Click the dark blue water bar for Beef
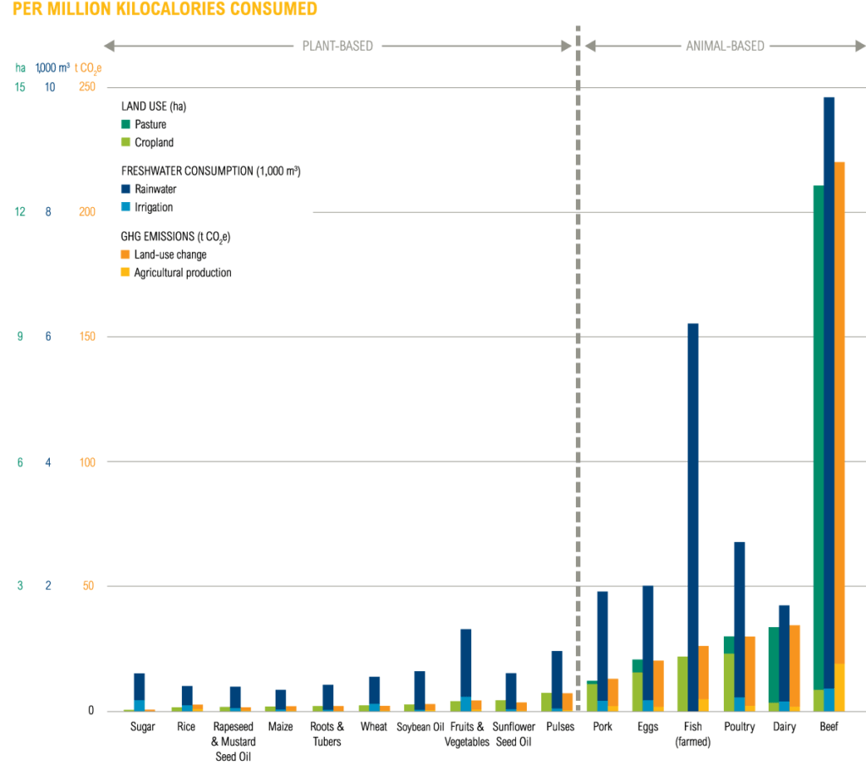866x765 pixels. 829,380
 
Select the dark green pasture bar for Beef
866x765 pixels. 818,423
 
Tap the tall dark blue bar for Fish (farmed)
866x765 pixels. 693,490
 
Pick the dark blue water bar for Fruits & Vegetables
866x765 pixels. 465,659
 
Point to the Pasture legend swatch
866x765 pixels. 125,124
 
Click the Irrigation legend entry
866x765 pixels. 153,207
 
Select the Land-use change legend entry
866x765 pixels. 170,254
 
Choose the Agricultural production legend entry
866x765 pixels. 183,273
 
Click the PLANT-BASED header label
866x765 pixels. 337,46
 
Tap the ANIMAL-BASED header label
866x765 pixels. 724,46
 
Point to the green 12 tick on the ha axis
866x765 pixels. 19,212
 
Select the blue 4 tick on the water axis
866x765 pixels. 48,462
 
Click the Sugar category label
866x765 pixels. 142,727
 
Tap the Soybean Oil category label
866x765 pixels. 420,727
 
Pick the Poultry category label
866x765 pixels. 739,727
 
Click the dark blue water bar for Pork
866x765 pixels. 602,642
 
